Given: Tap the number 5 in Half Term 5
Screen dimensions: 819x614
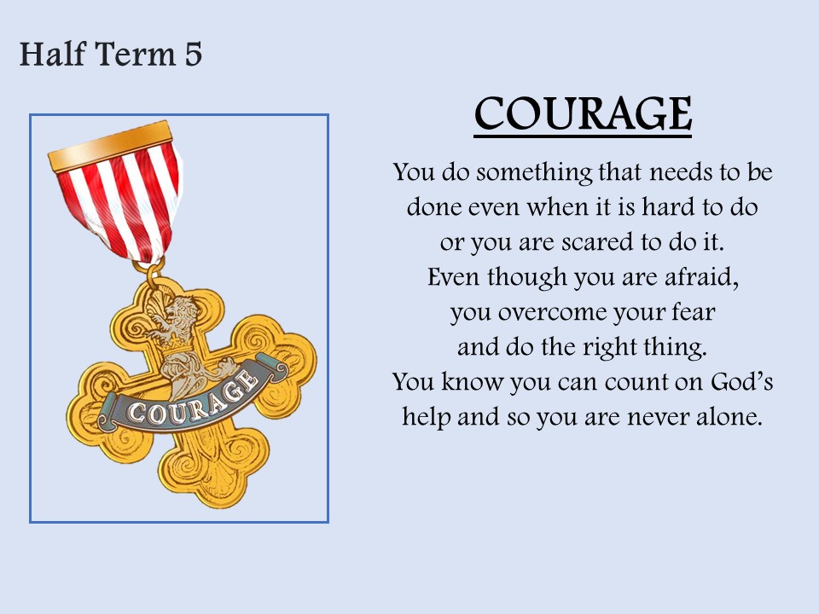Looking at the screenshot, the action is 194,55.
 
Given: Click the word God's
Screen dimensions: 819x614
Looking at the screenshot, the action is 741,382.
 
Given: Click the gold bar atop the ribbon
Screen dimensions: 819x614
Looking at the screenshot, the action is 110,146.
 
